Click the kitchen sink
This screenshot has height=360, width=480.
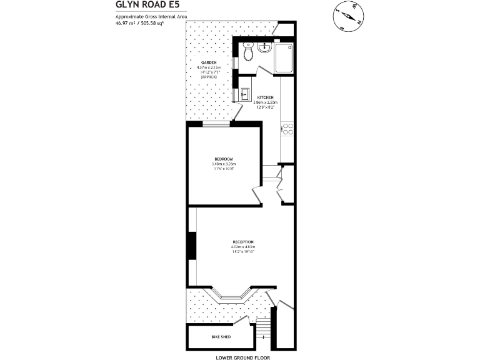244,94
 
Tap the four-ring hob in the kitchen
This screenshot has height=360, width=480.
288,129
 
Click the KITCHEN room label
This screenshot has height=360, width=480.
265,97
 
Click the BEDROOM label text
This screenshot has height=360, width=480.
223,159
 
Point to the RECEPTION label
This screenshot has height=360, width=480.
243,242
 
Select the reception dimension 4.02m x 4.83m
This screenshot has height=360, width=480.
243,247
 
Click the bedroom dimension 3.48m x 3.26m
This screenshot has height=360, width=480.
223,164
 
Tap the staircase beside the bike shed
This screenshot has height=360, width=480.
263,332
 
